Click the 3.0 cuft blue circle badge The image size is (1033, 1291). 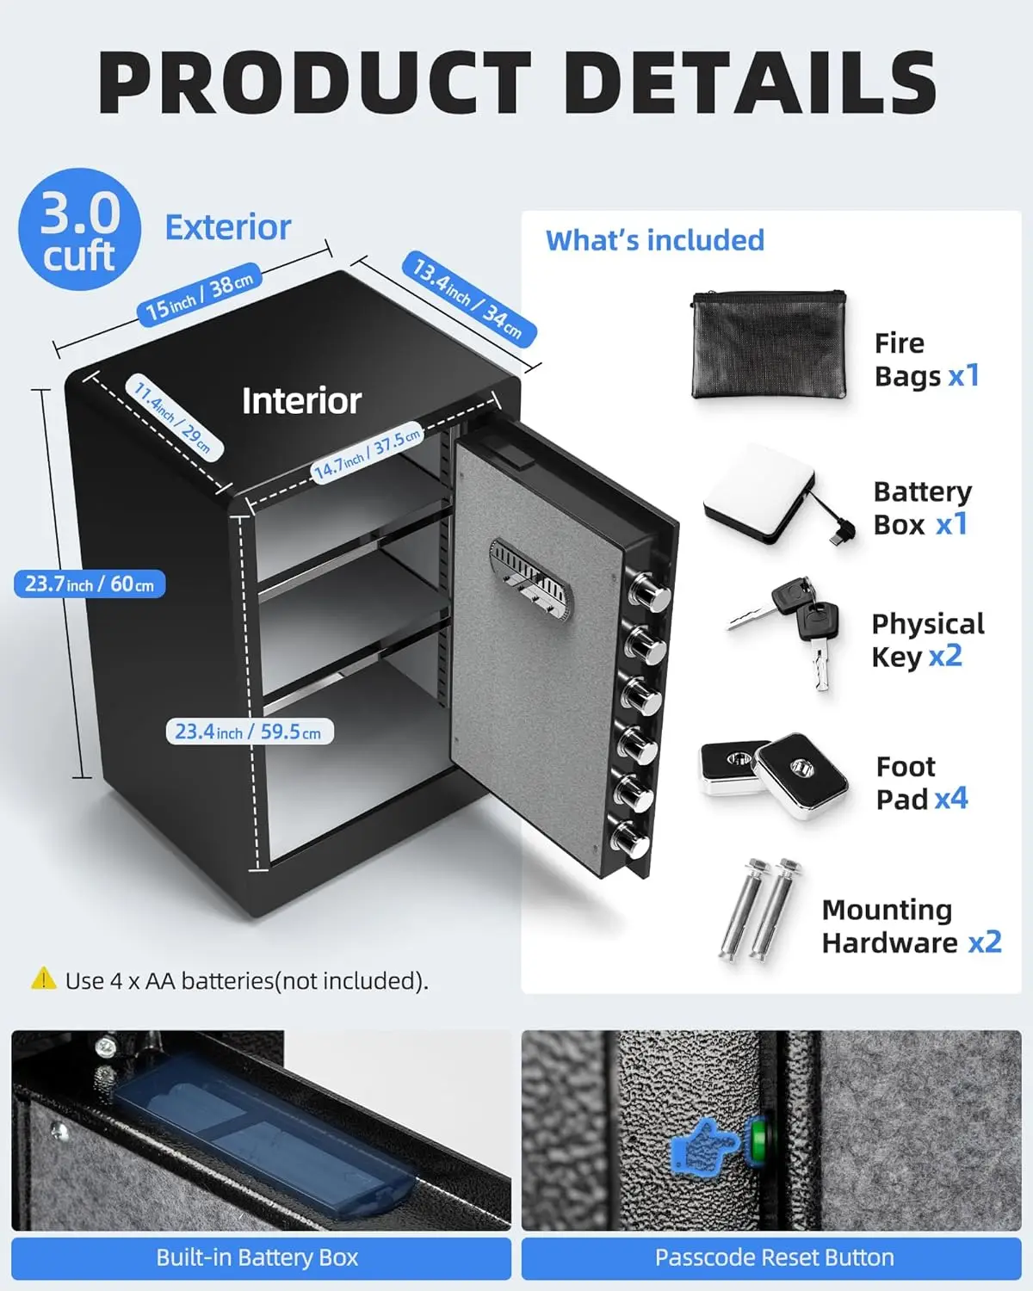pos(79,229)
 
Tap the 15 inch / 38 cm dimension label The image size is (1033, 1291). pos(199,295)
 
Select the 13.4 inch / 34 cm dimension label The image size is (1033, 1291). pos(468,299)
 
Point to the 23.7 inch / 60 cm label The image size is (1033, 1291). pos(90,584)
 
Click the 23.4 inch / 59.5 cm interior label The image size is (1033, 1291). pos(249,732)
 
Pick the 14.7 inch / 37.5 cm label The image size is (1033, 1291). pos(368,453)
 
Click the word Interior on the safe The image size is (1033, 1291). pos(301,401)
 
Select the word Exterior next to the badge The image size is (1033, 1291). pos(228,228)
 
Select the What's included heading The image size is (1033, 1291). pos(655,240)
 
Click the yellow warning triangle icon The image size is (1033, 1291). pos(43,979)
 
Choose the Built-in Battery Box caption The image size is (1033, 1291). pos(257,1257)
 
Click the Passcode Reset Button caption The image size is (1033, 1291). pos(774,1257)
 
